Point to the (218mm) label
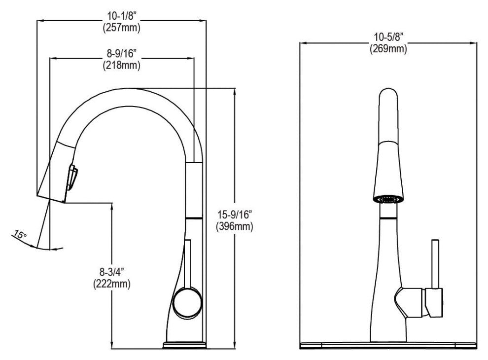(121, 65)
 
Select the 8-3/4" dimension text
(112, 272)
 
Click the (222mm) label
(112, 284)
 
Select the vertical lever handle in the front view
(435, 264)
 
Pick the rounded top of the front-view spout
(388, 96)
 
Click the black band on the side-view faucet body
(194, 217)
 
